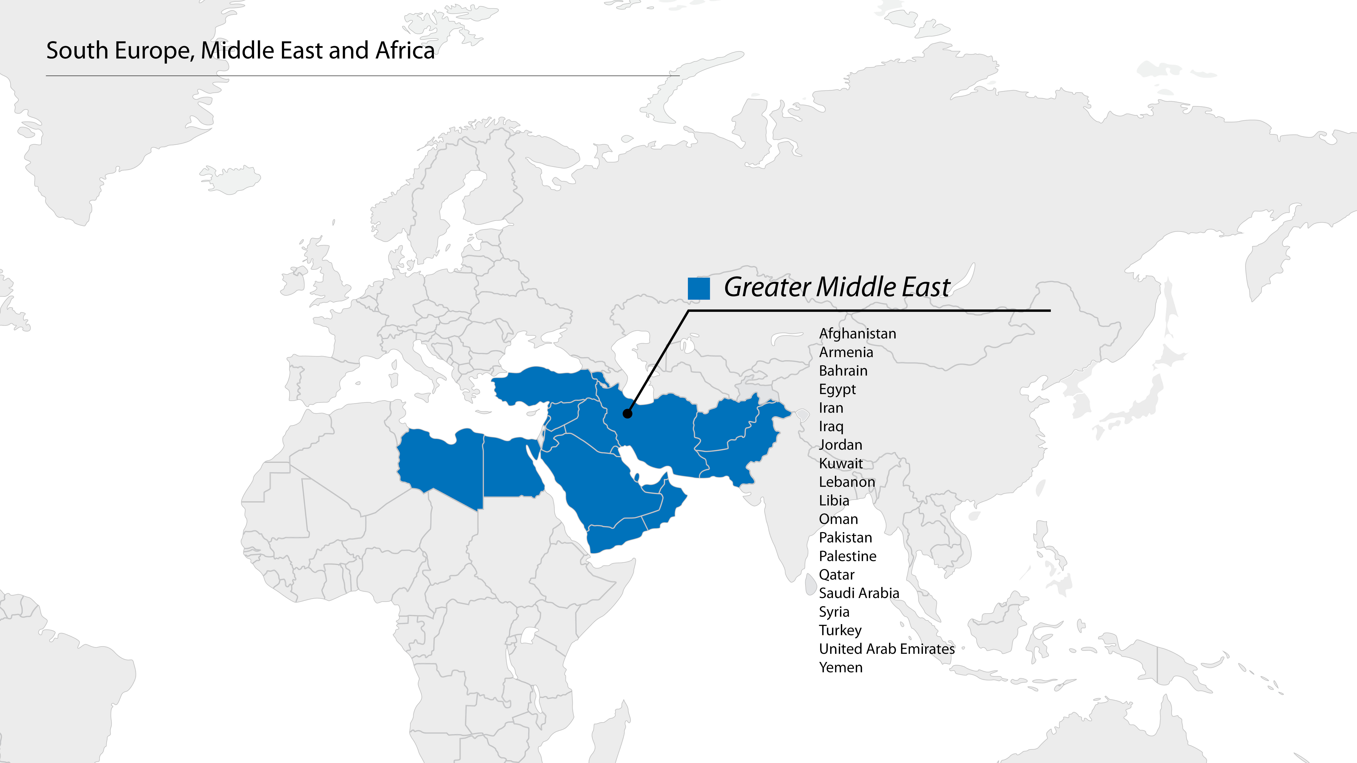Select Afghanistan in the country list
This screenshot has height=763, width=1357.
tap(857, 334)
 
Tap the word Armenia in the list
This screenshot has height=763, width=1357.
tap(845, 352)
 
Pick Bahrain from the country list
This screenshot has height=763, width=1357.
tap(843, 371)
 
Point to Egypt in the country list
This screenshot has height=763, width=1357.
tap(837, 390)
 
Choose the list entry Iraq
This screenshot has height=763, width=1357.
tap(831, 427)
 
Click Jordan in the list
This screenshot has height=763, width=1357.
tap(840, 445)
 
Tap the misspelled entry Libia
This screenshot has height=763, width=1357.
tap(834, 501)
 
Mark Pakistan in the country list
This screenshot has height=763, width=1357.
tap(845, 538)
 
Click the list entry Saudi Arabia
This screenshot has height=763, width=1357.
tap(859, 593)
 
